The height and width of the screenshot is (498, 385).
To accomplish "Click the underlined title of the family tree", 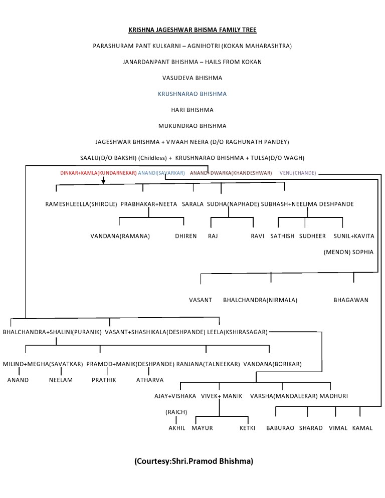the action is point(192,30).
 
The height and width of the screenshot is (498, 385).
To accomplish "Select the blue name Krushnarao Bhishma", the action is point(192,94).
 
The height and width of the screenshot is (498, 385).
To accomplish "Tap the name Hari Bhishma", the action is point(192,110).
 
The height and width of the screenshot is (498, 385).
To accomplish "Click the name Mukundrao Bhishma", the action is point(192,126).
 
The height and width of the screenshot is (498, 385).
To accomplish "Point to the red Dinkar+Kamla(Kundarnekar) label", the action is point(99,173).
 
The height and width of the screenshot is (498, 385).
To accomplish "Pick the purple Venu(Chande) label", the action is point(298,173).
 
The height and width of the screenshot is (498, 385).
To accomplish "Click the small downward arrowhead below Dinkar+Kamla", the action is point(103,181).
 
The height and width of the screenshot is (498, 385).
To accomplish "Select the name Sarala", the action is point(192,204).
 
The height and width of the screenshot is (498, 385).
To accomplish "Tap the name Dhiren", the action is point(186,236).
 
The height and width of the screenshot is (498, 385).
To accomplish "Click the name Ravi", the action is point(258,236).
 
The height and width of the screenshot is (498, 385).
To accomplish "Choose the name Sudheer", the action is point(312,236).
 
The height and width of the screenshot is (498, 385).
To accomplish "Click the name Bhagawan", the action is point(351,300).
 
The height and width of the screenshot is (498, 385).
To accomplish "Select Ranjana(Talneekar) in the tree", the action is point(208,364).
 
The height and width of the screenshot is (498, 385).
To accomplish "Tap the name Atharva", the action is point(150,380).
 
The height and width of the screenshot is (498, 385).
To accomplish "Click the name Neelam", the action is point(61,380).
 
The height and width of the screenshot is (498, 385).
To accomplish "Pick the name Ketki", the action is point(247,428).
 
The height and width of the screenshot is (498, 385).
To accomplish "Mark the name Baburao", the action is point(280,428).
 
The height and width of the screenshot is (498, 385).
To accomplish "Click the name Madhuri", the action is point(334,396).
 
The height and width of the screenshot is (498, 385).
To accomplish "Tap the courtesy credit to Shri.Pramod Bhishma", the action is point(194,461).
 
